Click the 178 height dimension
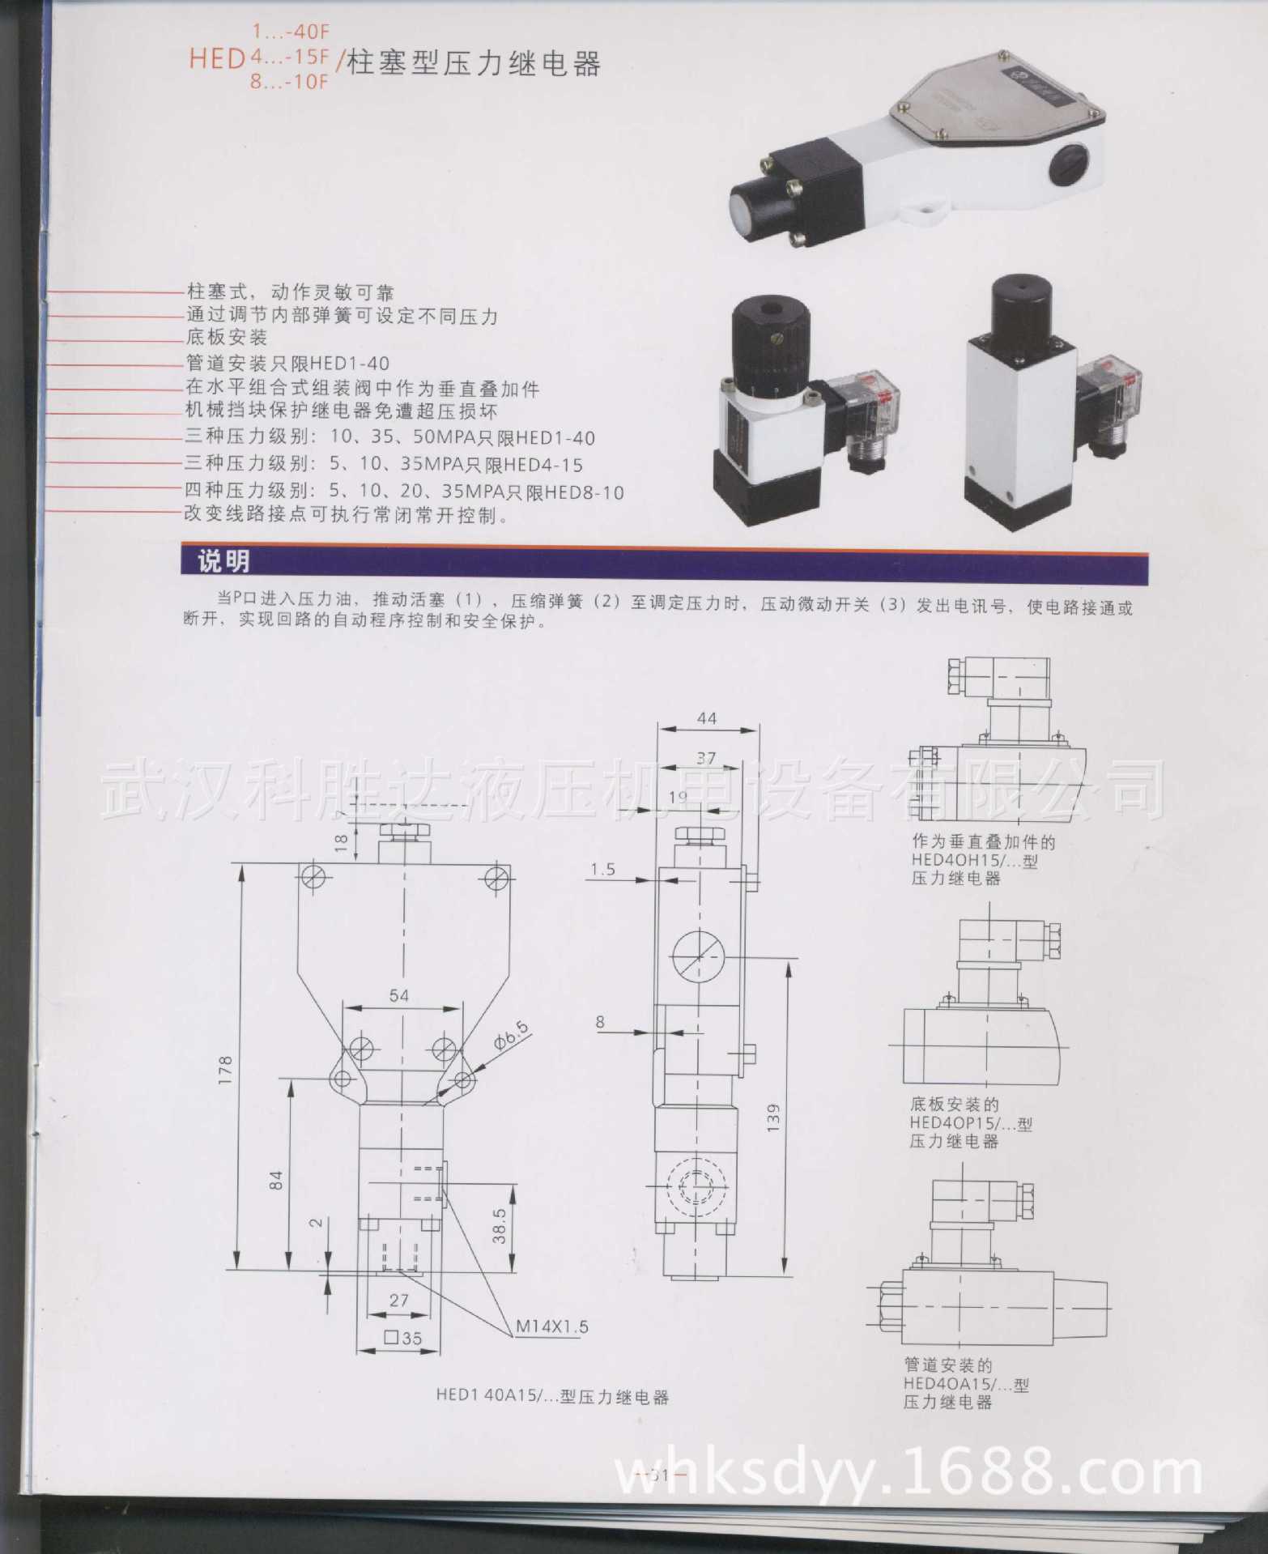(x=226, y=1070)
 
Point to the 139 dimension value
(x=773, y=1117)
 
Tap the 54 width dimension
(x=399, y=995)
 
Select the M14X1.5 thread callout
(x=552, y=1326)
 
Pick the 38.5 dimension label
(x=500, y=1226)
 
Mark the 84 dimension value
(x=277, y=1180)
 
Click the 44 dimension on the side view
(x=706, y=718)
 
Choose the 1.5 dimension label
(x=602, y=870)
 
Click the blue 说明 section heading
(x=224, y=561)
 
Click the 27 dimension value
(x=399, y=1301)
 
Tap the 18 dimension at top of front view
(x=341, y=842)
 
